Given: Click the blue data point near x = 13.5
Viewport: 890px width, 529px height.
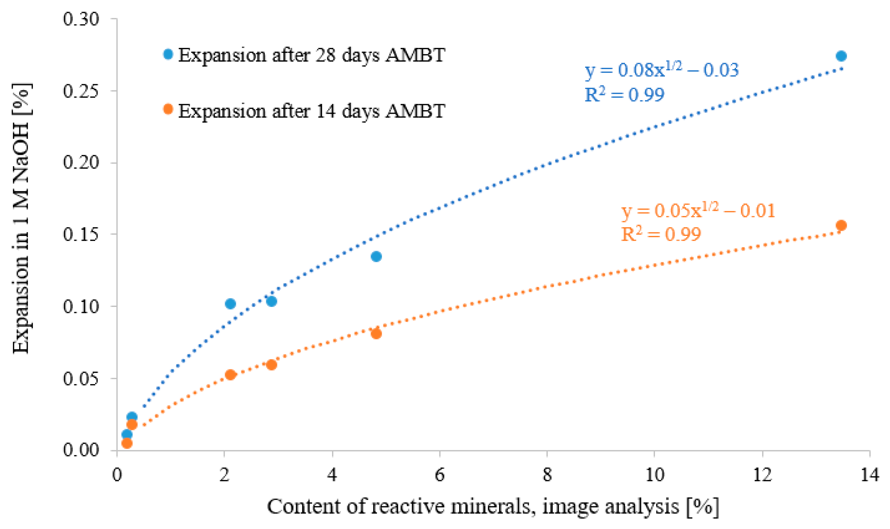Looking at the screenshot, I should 841,56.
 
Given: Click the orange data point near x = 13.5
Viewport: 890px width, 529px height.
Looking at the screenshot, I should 841,225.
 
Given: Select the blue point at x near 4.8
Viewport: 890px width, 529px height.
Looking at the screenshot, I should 376,256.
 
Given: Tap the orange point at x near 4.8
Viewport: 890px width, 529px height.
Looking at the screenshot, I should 376,334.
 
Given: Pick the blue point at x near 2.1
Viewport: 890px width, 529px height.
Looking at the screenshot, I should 231,304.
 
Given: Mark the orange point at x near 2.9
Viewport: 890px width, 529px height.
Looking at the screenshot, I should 272,365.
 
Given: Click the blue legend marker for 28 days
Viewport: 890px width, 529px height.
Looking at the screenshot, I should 168,54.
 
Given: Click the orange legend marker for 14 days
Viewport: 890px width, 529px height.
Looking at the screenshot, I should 168,109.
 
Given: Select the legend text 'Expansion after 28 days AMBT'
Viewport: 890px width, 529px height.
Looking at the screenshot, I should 311,55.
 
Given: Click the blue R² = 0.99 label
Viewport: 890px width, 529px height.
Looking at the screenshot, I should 624,94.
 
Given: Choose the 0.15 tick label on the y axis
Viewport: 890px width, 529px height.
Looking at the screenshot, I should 81,234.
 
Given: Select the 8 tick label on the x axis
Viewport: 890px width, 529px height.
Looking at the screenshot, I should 547,475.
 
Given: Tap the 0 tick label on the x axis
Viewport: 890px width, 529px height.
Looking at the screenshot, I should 117,475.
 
